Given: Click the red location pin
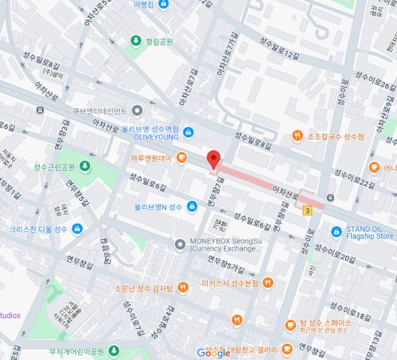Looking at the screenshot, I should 213,159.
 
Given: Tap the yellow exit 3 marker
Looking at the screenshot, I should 307,211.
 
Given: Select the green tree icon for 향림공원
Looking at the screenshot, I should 135,41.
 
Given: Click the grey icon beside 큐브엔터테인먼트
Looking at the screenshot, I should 137,110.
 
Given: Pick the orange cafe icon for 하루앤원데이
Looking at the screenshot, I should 181,157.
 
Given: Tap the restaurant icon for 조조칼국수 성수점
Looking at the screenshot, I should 298,136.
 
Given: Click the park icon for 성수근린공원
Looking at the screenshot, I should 85,167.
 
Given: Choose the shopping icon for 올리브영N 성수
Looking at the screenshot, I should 192,206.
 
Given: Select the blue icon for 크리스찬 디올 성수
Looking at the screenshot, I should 76,229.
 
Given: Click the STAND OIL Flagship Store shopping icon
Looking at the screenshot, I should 335,232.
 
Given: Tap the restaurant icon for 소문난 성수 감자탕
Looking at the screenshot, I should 183,287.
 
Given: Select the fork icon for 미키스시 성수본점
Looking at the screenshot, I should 267,283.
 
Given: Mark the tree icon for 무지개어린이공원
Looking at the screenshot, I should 113,351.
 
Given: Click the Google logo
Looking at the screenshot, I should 213,352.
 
